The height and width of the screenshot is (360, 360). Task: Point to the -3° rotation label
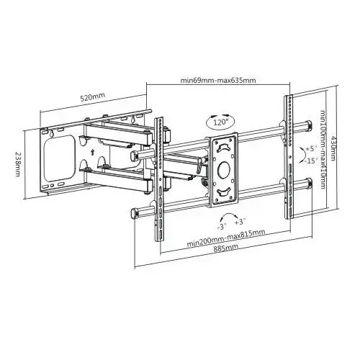pyautogui.click(x=225, y=224)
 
